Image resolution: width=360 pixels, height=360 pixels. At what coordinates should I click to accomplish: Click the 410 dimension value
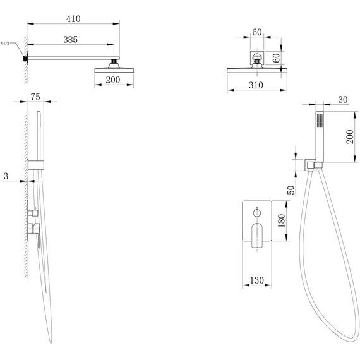click(73, 19)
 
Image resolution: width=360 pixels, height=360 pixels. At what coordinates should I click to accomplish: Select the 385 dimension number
click(71, 40)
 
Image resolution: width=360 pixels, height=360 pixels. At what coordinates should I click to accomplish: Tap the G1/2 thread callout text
click(5, 43)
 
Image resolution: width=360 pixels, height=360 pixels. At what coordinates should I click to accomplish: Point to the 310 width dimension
click(256, 85)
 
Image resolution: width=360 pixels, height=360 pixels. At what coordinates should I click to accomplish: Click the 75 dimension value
click(35, 97)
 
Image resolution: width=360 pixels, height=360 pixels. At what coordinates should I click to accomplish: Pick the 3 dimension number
click(6, 176)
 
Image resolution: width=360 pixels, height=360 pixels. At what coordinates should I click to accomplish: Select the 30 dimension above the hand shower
click(343, 100)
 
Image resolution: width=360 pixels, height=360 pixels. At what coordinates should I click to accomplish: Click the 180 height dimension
click(281, 220)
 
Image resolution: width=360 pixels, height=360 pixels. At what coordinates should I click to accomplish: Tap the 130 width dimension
click(257, 280)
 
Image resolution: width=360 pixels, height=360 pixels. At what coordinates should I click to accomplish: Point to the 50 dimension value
click(291, 190)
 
